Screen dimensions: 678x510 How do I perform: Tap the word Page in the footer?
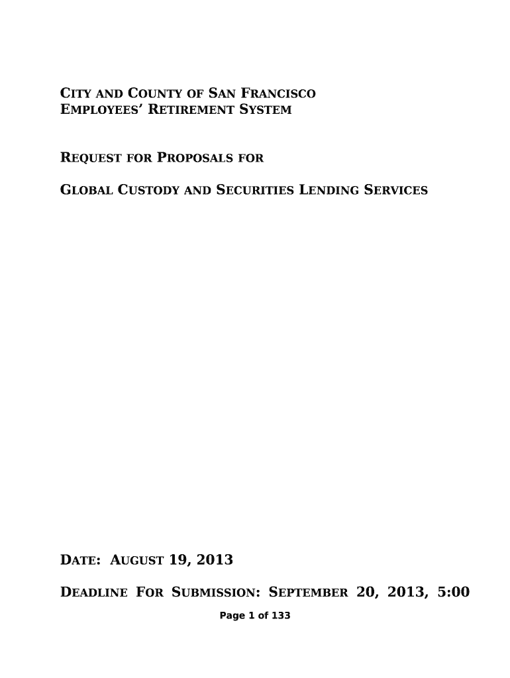[x=230, y=616]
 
